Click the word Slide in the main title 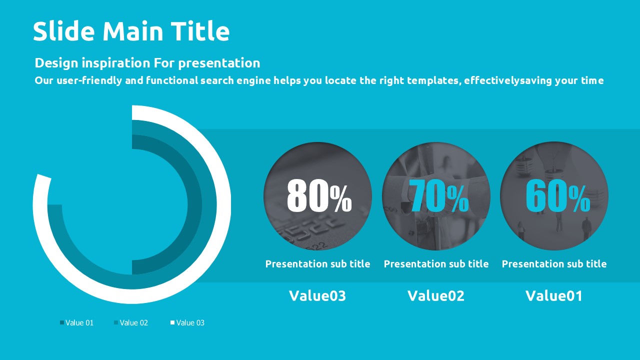tap(63, 31)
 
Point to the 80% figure tap(319, 195)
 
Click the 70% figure tap(438, 195)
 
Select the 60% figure tap(557, 195)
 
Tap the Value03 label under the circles tap(317, 295)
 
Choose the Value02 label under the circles tap(436, 295)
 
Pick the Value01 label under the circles tap(554, 295)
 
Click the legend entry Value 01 tap(76, 323)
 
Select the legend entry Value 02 tap(131, 323)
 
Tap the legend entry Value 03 tap(187, 323)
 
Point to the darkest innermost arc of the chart tap(194, 204)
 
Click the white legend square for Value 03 tap(172, 322)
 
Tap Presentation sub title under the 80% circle tap(317, 264)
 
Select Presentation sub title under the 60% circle tap(554, 264)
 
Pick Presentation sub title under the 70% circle tap(436, 264)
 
